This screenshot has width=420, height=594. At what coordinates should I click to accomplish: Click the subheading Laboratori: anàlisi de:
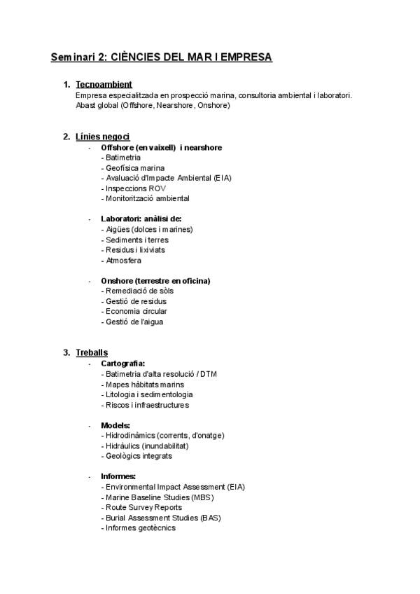point(141,219)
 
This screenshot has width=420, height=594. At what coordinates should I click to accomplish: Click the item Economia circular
point(136,311)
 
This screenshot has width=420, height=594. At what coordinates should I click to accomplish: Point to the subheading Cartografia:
point(123,364)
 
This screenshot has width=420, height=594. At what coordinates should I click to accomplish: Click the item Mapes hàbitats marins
point(143,384)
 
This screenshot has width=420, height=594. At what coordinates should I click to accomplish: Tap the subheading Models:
point(115,425)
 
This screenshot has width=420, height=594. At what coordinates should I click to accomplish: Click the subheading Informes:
point(118,476)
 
